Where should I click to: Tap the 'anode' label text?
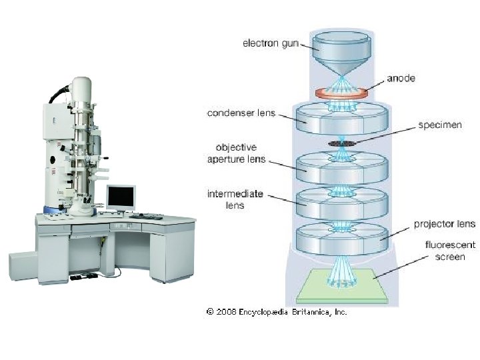pos(401,79)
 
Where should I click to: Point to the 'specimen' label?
pos(439,125)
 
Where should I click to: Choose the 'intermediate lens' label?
pos(235,200)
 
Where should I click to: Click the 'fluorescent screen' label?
pos(445,251)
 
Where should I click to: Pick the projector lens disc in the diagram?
pos(342,237)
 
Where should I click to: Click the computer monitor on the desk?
pos(121,198)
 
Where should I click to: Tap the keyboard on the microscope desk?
pos(145,217)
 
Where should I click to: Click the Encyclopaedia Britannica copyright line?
pos(277,311)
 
